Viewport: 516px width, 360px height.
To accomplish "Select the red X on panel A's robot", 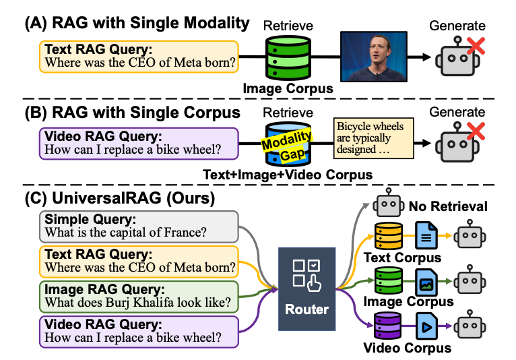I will (474, 47).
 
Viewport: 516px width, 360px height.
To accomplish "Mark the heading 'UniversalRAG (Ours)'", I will (129, 199).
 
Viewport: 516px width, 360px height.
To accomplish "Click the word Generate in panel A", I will (457, 26).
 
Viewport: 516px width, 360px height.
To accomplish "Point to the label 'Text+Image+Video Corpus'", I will (288, 175).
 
